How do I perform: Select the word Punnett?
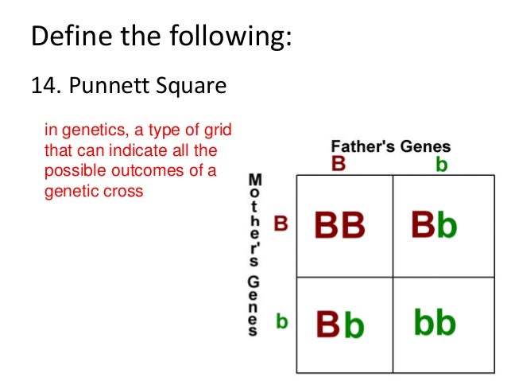tap(105, 84)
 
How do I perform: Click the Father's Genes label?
tap(390, 146)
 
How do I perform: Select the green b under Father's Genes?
tap(441, 165)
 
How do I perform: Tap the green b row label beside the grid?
tap(281, 321)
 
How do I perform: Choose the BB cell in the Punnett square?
tap(339, 226)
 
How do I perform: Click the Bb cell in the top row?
tap(434, 226)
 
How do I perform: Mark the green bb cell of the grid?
tap(434, 323)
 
